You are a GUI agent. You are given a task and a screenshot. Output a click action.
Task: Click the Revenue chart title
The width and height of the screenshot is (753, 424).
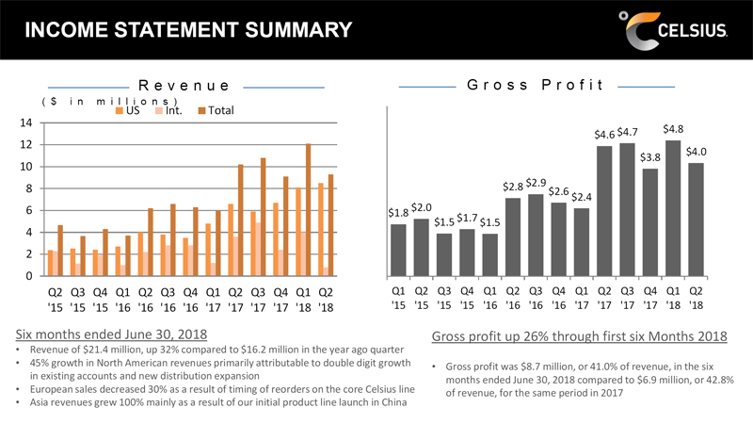point(185,86)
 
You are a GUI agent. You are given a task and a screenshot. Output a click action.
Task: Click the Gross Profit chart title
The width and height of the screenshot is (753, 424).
point(536,86)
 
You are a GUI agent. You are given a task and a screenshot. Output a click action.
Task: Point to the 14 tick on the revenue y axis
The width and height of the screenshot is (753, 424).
point(25,123)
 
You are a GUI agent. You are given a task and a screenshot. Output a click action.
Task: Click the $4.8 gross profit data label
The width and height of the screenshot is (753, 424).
point(673,129)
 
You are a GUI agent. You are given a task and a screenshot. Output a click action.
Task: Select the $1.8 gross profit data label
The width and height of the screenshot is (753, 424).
point(398,213)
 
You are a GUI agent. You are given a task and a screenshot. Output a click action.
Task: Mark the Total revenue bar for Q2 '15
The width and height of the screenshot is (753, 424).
point(60,250)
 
